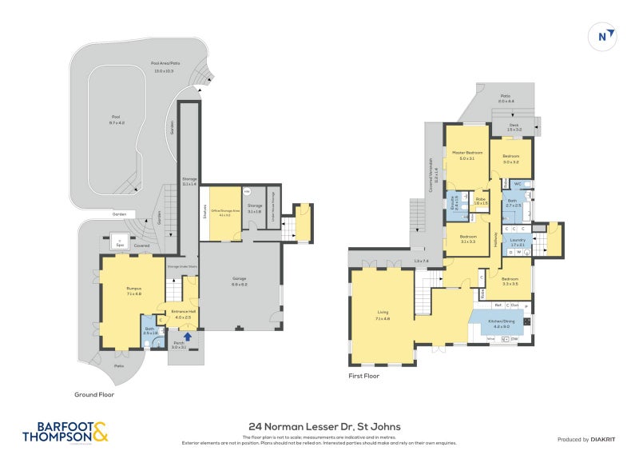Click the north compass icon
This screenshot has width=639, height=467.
click(605, 36)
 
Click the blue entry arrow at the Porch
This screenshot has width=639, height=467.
click(188, 337)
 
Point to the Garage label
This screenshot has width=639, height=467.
click(240, 282)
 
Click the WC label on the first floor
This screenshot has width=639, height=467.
click(518, 184)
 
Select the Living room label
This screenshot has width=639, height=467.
click(383, 314)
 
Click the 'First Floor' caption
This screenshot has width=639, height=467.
click(363, 375)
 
